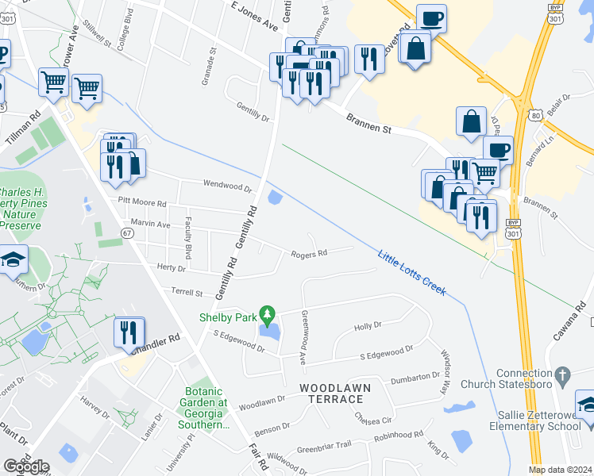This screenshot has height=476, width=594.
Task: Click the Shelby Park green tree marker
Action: click(268, 317)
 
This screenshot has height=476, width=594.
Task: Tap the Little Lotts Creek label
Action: click(412, 274)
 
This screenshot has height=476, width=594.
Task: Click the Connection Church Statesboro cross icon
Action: click(562, 374)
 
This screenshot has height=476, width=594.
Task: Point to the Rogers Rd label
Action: click(309, 254)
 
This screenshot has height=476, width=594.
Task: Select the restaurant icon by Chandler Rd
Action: click(129, 332)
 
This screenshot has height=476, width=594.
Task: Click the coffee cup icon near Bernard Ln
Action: click(498, 150)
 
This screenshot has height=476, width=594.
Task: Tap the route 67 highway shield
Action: click(127, 232)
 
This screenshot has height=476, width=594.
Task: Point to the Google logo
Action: click(26, 466)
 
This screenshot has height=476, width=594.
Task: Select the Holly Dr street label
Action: click(368, 325)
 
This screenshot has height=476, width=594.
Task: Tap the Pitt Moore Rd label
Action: click(143, 202)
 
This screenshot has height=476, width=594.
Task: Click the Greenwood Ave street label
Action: click(303, 337)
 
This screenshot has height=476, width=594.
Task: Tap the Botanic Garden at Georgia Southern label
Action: click(206, 408)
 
